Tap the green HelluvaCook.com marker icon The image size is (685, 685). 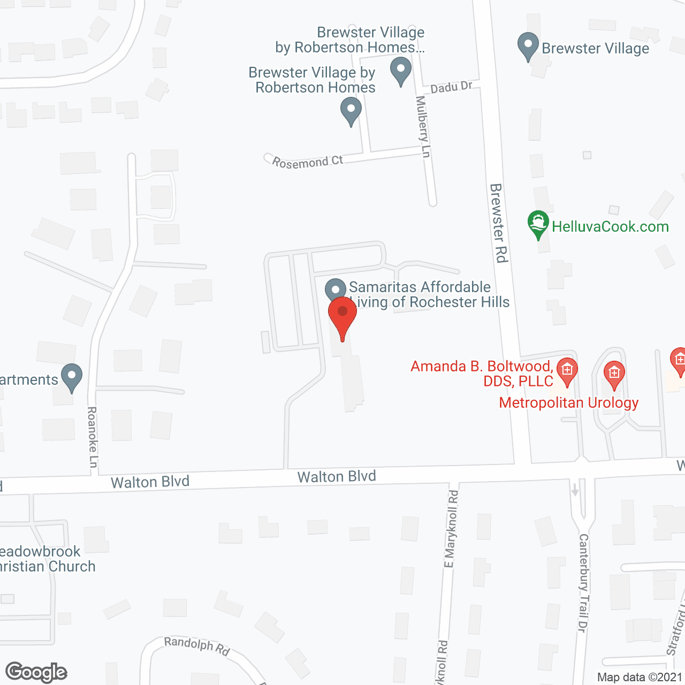pyautogui.click(x=538, y=224)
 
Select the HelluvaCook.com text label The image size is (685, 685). pyautogui.click(x=610, y=226)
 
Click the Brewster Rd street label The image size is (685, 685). pyautogui.click(x=498, y=223)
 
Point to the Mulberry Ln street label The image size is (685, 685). pyautogui.click(x=423, y=127)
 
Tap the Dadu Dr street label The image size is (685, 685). pyautogui.click(x=451, y=87)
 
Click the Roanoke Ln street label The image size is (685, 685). pyautogui.click(x=92, y=437)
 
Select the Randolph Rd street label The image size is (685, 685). pyautogui.click(x=197, y=646)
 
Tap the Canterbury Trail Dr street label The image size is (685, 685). pyautogui.click(x=583, y=583)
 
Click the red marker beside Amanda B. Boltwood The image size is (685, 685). pyautogui.click(x=567, y=370)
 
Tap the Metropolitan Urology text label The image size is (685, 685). pyautogui.click(x=568, y=402)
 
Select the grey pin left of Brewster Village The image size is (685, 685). pyautogui.click(x=528, y=46)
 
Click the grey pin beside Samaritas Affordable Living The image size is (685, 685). pyautogui.click(x=336, y=291)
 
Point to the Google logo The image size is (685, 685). pyautogui.click(x=36, y=672)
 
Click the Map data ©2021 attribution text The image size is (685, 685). pyautogui.click(x=640, y=677)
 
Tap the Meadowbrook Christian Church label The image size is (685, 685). pyautogui.click(x=47, y=559)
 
